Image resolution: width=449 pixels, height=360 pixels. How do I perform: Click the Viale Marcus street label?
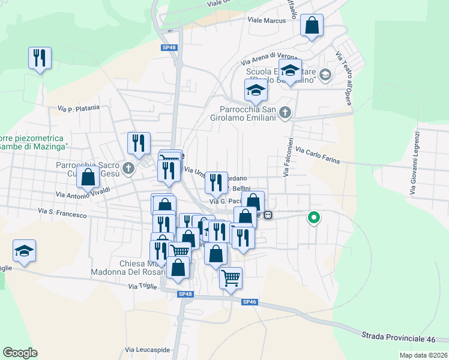coord(267,20)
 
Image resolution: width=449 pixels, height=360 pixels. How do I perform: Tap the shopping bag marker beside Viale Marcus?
coord(312,26)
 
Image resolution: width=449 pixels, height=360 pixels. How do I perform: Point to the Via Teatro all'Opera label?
coord(343,79)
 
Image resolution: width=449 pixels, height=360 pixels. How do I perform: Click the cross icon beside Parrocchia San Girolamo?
coord(286,112)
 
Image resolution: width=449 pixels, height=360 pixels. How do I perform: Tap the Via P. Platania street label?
coord(78,109)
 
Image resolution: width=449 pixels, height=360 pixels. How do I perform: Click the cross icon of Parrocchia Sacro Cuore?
coord(128,168)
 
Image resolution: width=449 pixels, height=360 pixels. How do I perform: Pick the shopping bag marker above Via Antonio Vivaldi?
coord(88,178)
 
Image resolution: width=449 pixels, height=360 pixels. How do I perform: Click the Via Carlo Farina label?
coord(318,157)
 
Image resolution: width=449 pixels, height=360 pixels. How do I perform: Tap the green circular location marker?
coord(313,218)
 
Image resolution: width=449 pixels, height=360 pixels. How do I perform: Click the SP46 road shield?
coord(250,302)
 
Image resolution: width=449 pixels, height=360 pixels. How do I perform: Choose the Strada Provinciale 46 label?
coord(398,338)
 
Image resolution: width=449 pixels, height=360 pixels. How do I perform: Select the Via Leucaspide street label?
coord(148,349)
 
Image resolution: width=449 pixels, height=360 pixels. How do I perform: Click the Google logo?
coord(20,353)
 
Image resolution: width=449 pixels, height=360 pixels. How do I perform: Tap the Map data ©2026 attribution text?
coord(424,355)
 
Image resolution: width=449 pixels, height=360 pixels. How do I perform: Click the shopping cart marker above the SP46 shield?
coord(231,278)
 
